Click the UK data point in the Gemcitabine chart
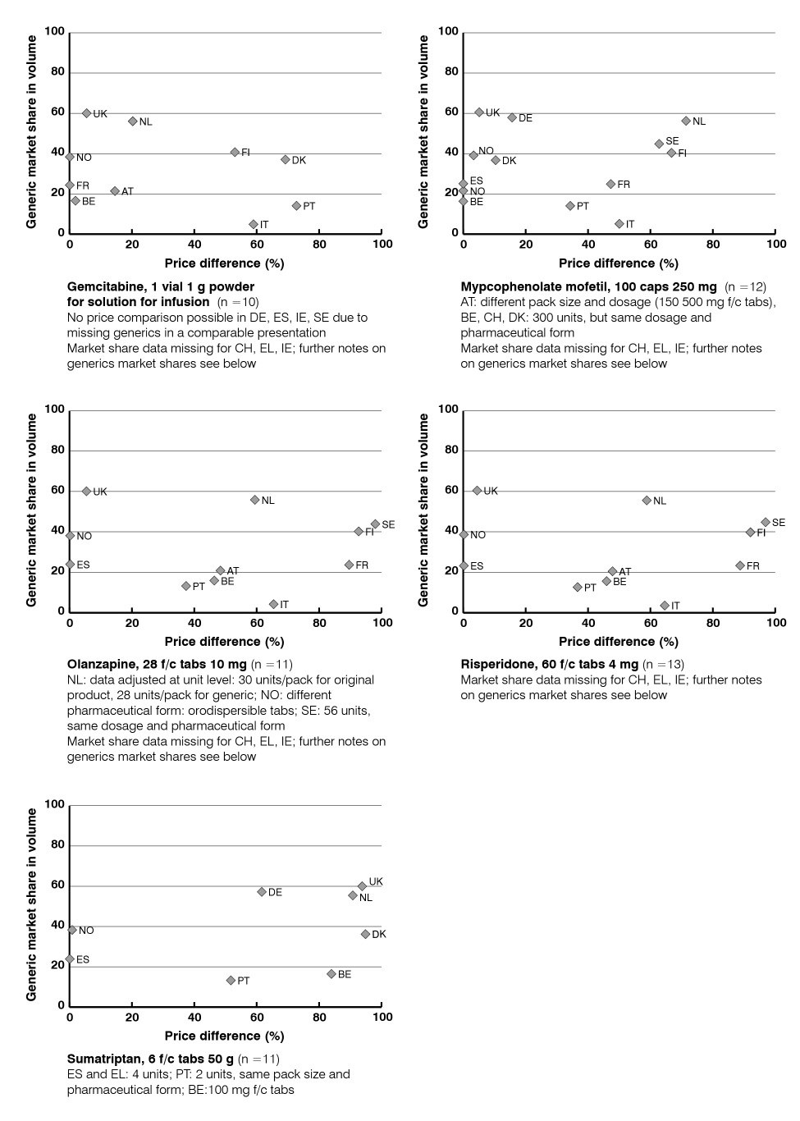click(x=86, y=113)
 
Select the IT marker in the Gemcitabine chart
click(x=254, y=224)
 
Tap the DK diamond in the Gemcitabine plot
click(x=286, y=160)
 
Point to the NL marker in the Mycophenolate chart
click(x=686, y=121)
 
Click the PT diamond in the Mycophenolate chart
click(x=570, y=206)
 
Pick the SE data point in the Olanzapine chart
click(x=375, y=524)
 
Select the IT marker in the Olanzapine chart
click(x=273, y=604)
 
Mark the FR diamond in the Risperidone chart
click(x=740, y=565)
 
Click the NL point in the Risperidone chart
click(x=647, y=500)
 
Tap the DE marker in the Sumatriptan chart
click(x=262, y=892)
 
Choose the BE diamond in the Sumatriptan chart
click(x=331, y=974)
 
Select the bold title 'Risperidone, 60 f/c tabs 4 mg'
click(x=549, y=664)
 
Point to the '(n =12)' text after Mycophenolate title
click(x=744, y=286)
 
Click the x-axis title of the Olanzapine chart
click(x=224, y=641)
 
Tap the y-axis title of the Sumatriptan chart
click(x=31, y=904)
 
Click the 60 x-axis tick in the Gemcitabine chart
click(x=257, y=244)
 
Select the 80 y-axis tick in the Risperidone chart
click(x=450, y=450)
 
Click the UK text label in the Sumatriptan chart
click(x=376, y=881)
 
